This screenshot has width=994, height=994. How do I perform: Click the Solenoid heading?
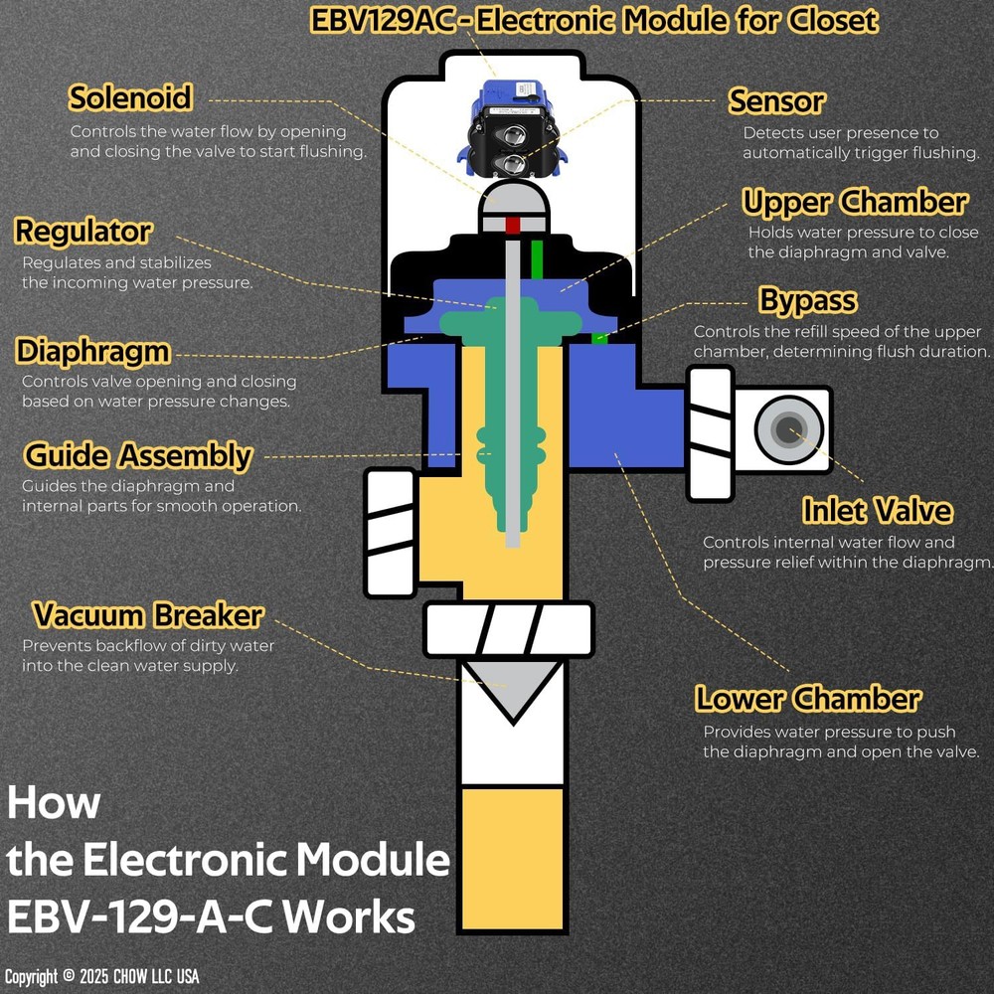tap(130, 97)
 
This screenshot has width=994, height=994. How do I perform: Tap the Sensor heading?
tap(776, 101)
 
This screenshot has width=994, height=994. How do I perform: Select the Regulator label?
tap(83, 232)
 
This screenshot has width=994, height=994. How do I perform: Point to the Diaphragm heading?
tap(93, 352)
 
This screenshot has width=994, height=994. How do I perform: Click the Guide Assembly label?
tap(138, 456)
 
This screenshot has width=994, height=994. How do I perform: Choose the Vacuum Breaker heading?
tap(148, 615)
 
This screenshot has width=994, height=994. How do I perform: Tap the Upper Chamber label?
tap(855, 202)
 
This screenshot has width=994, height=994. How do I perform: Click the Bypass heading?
tap(808, 300)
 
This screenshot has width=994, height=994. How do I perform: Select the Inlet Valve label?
tap(878, 510)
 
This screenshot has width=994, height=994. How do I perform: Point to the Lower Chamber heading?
tap(807, 699)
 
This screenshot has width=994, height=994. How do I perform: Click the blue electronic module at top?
tap(513, 128)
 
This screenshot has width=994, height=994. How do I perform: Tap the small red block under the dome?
tap(513, 225)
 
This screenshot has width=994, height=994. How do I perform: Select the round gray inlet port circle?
tap(788, 429)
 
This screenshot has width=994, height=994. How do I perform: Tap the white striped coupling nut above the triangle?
tap(509, 629)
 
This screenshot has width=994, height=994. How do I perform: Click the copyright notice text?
tap(102, 976)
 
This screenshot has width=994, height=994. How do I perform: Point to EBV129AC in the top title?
tap(383, 21)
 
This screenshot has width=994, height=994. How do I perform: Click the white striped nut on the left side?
tap(391, 533)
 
